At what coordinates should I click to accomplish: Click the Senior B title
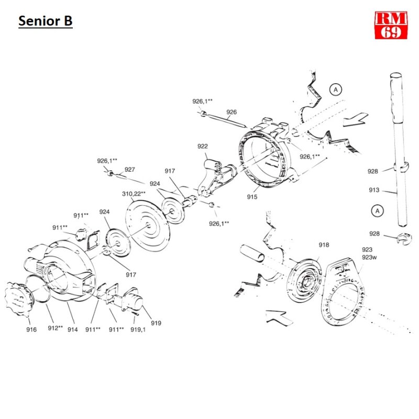45,21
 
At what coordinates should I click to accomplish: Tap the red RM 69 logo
391,25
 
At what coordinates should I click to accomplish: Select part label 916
31,330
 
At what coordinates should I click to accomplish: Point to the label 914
72,330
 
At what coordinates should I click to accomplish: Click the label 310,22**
134,193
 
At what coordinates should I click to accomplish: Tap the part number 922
203,146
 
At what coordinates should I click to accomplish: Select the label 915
252,197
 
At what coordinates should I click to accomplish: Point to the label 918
324,245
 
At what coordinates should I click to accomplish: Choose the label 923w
368,257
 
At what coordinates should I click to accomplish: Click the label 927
130,169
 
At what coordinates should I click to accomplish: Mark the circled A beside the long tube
376,211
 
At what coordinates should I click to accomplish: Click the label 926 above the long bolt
231,112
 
